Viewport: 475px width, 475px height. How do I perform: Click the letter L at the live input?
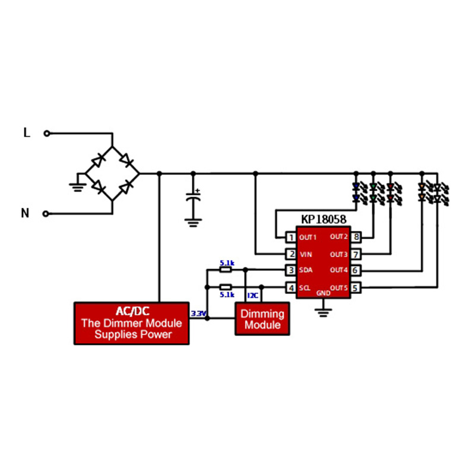[26, 133]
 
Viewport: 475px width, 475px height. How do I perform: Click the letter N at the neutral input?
[25, 213]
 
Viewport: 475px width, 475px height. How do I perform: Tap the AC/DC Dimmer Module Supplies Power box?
[131, 323]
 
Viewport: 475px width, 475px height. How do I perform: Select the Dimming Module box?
[262, 319]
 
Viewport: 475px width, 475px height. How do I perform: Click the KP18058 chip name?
[324, 220]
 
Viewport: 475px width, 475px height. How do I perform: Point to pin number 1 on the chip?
[291, 237]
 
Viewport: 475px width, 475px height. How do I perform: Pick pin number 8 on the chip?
[356, 237]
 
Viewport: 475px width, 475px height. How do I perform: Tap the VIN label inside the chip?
[306, 254]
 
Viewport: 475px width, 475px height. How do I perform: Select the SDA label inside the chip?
[306, 271]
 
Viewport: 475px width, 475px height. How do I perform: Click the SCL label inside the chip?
[305, 288]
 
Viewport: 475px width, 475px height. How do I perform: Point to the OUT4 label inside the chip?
[338, 271]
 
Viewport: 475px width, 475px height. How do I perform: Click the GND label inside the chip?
[323, 293]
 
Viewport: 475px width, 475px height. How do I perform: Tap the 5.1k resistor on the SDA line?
[226, 270]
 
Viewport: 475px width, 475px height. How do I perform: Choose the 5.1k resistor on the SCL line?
[226, 287]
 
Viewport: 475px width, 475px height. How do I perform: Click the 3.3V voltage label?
[198, 313]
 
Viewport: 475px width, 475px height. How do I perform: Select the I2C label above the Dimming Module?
[252, 295]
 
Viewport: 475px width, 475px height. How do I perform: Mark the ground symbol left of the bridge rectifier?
[76, 185]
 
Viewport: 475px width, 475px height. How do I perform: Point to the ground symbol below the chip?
[323, 311]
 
